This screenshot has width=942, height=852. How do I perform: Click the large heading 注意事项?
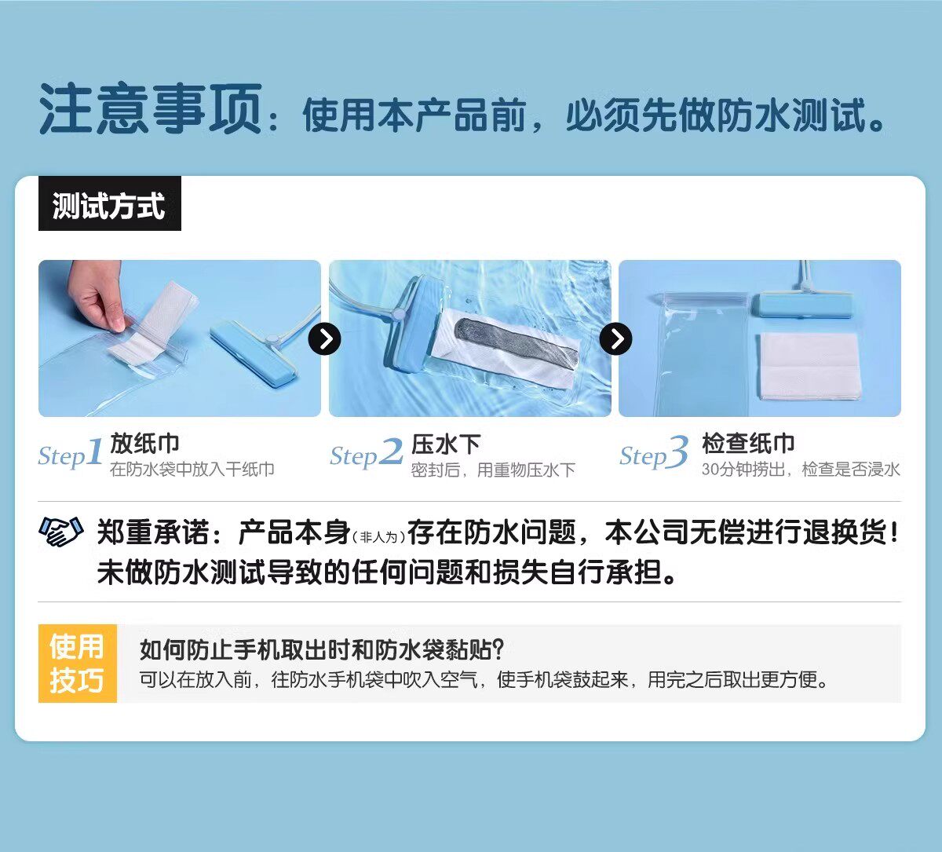(x=150, y=108)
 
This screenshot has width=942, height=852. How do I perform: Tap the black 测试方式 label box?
(x=109, y=203)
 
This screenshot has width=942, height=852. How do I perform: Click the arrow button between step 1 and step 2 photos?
(x=324, y=338)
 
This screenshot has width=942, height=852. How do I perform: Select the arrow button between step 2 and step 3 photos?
(x=615, y=338)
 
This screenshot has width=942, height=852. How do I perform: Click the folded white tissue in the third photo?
(x=809, y=367)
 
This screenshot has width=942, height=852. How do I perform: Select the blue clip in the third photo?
(x=802, y=305)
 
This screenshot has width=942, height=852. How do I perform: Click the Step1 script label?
(x=71, y=453)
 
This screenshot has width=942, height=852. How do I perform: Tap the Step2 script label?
(x=367, y=453)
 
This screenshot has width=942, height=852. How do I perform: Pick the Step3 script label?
(x=654, y=452)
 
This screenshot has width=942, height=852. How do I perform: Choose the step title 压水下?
(x=446, y=444)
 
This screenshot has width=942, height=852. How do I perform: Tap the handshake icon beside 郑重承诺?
(x=61, y=532)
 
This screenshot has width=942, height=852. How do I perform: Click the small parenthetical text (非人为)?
(x=378, y=536)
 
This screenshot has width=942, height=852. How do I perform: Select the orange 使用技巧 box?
(x=78, y=664)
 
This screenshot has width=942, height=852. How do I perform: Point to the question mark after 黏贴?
(x=498, y=649)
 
